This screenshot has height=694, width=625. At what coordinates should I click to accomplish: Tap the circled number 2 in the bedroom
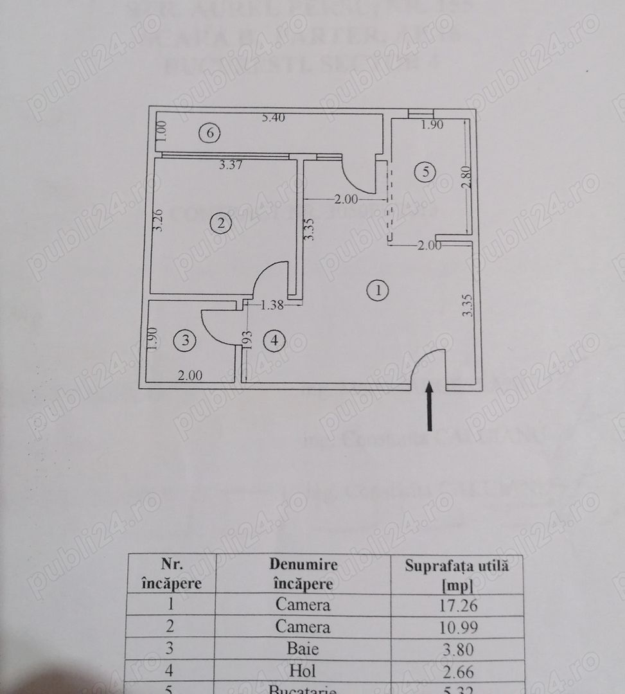click(x=221, y=224)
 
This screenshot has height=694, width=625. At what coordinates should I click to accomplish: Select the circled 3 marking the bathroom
click(x=186, y=341)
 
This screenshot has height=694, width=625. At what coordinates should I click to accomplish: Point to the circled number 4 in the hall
click(x=275, y=341)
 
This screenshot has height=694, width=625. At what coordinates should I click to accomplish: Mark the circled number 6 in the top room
click(x=209, y=134)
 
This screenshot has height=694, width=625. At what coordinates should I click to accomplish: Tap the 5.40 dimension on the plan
click(x=274, y=118)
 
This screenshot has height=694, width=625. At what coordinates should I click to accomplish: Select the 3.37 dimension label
click(x=231, y=165)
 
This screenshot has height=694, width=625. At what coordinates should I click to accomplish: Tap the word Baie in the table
click(x=303, y=648)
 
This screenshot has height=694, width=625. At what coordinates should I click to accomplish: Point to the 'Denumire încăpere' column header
click(x=303, y=574)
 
